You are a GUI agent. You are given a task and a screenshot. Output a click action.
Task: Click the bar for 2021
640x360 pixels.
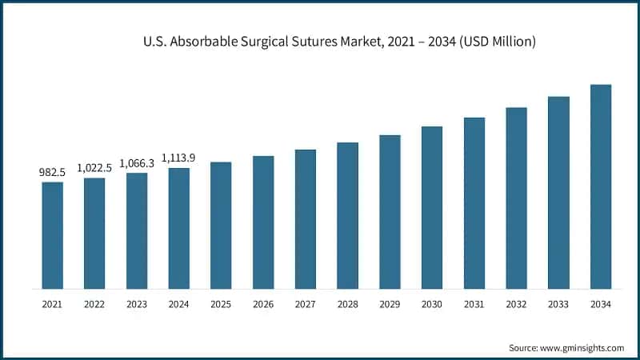[x=53, y=235]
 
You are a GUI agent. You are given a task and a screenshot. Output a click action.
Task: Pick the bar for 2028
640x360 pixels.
[x=347, y=215]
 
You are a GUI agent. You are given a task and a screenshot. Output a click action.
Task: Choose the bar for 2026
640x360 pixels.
[x=263, y=222]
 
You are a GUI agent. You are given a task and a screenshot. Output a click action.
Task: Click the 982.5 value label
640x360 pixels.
[x=53, y=172]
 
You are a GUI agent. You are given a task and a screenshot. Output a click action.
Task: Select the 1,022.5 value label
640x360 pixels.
[x=94, y=167]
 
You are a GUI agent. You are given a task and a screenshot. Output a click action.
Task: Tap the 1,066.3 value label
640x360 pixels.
[x=137, y=163]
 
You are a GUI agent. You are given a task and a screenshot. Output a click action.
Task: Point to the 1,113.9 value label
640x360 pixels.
[x=179, y=158]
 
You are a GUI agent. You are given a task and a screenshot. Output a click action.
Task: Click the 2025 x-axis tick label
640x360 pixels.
[x=221, y=304]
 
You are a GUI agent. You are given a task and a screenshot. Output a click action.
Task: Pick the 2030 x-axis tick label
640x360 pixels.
[x=432, y=304]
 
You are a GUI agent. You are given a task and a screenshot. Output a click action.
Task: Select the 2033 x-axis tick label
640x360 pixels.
[x=558, y=304]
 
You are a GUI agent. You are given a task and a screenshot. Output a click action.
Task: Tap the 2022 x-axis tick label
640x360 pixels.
[x=94, y=304]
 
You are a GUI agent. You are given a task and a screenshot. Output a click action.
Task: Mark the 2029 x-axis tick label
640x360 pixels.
[x=390, y=304]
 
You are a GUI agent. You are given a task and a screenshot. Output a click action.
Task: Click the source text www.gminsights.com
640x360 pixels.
[x=582, y=347]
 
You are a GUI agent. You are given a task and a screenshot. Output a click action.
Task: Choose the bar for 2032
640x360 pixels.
[x=516, y=198]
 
